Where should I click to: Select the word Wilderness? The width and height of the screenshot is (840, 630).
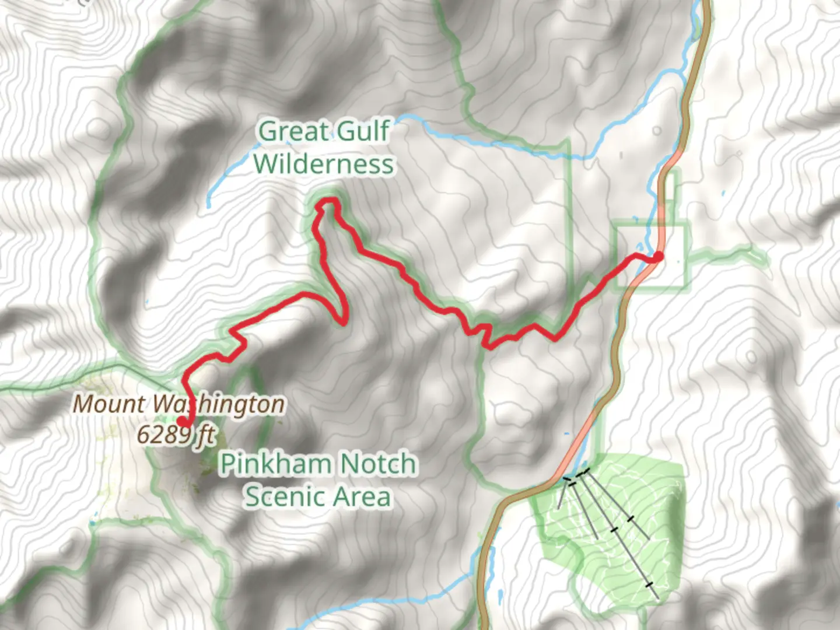324,164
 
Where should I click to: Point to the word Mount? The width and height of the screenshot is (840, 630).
108,404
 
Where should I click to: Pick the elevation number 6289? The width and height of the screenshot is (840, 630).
164,434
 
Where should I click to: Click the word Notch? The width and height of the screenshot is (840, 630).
378,464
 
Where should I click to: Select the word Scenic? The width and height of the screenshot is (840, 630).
284,497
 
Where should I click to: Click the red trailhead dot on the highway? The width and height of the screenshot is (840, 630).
658,256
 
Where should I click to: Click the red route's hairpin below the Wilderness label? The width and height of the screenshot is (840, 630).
343,318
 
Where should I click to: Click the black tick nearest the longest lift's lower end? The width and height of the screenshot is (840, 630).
649,584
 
